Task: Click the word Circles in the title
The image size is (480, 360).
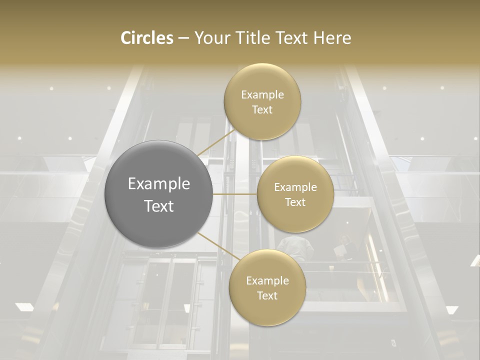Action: point(146,38)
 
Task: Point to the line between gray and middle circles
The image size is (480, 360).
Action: point(235,193)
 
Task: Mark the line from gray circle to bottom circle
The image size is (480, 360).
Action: point(215,246)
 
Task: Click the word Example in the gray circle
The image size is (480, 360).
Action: point(158,184)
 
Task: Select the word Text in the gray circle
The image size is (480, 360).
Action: point(158,206)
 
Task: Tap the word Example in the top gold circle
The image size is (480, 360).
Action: point(262,95)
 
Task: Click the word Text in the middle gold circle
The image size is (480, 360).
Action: point(295,202)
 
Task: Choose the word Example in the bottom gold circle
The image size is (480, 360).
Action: point(267,281)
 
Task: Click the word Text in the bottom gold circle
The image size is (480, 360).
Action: point(267,295)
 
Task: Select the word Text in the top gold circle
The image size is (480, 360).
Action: point(262,110)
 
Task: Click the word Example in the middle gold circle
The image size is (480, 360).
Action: point(295,187)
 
